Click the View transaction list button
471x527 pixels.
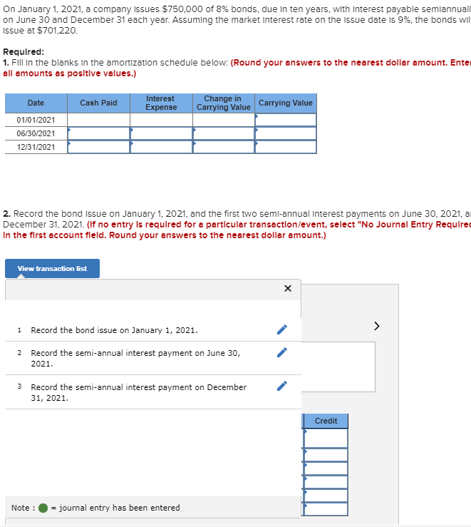pyautogui.click(x=52, y=268)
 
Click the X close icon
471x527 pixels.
pyautogui.click(x=287, y=289)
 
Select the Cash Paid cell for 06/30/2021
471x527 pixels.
pyautogui.click(x=98, y=133)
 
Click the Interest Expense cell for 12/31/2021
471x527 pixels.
pyautogui.click(x=161, y=147)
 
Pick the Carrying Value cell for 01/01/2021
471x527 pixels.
pyautogui.click(x=285, y=120)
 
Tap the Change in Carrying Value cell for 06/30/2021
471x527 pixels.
pyautogui.click(x=223, y=133)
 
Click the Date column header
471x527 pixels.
pyautogui.click(x=36, y=103)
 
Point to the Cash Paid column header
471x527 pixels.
pyautogui.click(x=98, y=103)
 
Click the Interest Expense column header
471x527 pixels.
pyautogui.click(x=161, y=103)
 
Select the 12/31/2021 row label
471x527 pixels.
pyautogui.click(x=36, y=147)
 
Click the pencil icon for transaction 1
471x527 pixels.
pyautogui.click(x=282, y=330)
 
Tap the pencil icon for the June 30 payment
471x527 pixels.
pyautogui.click(x=282, y=353)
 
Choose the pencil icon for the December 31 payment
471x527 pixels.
pyautogui.click(x=282, y=387)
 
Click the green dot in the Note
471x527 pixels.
pyautogui.click(x=43, y=508)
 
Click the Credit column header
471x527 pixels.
pyautogui.click(x=326, y=421)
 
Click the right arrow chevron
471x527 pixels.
pyautogui.click(x=377, y=327)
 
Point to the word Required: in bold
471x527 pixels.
pyautogui.click(x=24, y=52)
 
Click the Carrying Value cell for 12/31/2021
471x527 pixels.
pyautogui.click(x=285, y=147)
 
